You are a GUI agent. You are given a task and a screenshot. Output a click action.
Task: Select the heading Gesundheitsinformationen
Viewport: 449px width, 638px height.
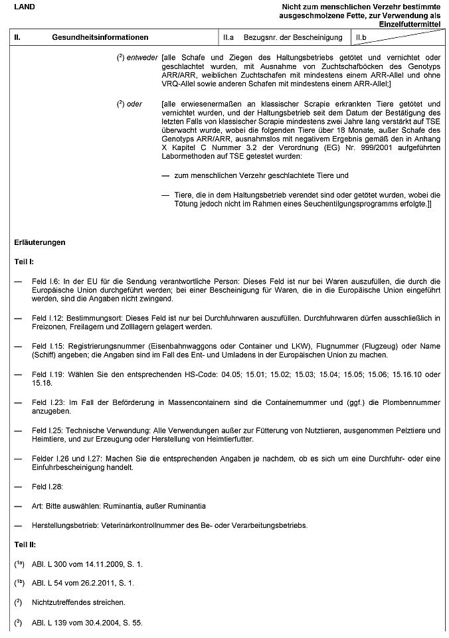click(100, 38)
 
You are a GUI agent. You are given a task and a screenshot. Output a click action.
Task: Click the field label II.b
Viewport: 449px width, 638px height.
click(362, 38)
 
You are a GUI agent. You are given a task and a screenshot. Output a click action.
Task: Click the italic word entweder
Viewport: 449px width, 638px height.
click(143, 58)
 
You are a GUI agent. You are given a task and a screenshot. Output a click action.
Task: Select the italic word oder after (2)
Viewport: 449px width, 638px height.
click(135, 104)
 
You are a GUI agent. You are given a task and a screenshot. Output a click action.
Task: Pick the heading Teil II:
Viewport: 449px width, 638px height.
click(26, 544)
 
